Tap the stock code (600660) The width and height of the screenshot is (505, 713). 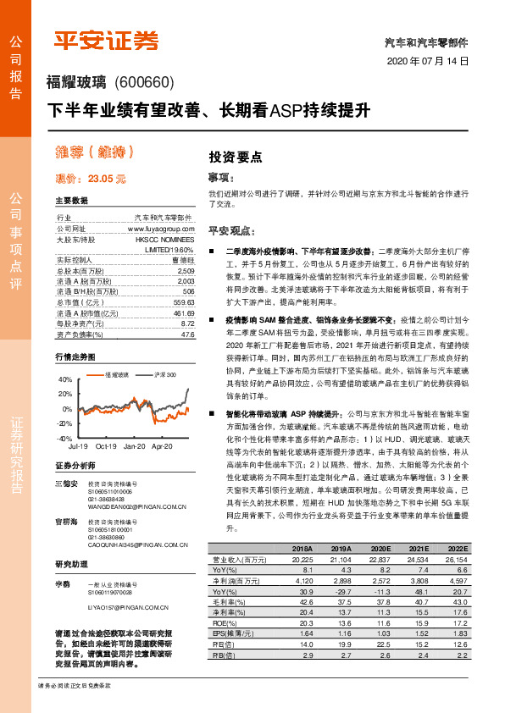click(143, 82)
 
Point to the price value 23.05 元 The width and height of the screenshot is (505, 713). click(107, 179)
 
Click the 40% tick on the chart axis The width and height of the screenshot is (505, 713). click(64, 380)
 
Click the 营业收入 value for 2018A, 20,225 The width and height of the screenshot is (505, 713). click(302, 560)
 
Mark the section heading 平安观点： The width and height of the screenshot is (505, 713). click(231, 230)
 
